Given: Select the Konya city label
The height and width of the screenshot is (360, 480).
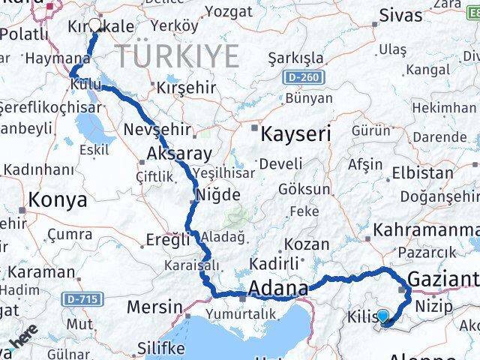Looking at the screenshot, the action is [x=57, y=200].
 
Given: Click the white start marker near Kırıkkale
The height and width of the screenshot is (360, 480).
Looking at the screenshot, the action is [x=95, y=25].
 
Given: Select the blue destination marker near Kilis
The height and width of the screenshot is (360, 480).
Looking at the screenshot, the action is [x=384, y=318].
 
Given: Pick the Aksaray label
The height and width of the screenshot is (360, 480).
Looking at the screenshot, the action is [x=172, y=154].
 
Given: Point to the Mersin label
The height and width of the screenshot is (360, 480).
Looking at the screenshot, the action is [x=154, y=307].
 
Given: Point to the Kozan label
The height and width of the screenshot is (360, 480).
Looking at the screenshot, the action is [x=307, y=244].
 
